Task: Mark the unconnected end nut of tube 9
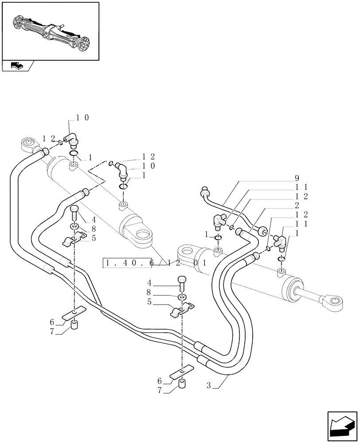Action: [x=205, y=191]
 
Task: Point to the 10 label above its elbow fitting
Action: [x=82, y=118]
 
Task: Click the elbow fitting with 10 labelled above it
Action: [x=71, y=140]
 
